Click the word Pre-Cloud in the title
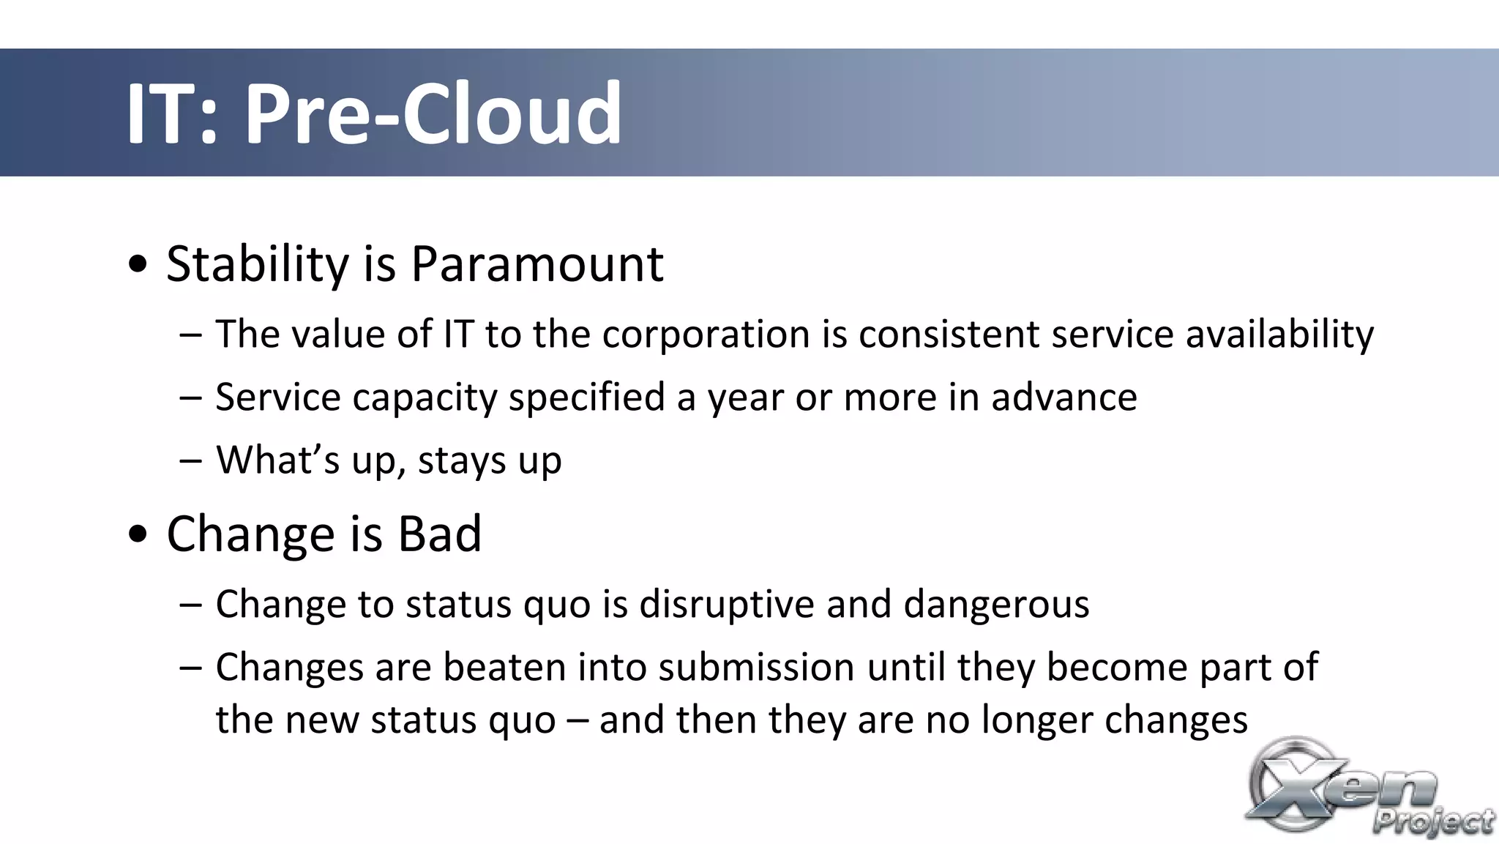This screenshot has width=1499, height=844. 433,113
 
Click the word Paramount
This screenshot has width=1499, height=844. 537,264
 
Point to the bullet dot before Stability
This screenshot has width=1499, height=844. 138,264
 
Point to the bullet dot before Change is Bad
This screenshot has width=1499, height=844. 138,534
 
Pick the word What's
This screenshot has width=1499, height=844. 278,460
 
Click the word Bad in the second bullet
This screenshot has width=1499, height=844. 439,534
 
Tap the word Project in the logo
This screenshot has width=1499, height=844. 1433,821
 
